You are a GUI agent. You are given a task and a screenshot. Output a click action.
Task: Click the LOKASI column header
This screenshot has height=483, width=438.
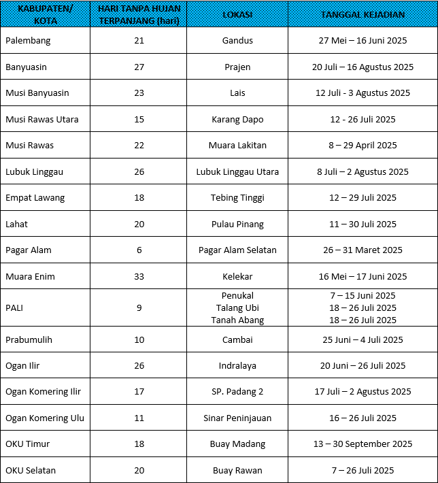coord(237,14)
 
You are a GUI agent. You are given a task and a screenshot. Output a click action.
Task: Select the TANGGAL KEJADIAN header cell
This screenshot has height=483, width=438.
coord(363,14)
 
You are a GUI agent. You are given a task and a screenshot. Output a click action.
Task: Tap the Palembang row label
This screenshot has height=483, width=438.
coord(28,41)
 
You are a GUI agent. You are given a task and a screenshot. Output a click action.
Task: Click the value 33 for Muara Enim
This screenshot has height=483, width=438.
coord(139,276)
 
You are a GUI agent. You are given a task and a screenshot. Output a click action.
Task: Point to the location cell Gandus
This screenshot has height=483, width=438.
coord(237,41)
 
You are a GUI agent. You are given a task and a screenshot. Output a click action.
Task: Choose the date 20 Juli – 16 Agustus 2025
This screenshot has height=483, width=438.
coord(363,67)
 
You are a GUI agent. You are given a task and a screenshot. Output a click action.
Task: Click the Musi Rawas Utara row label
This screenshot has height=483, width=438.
coord(42,119)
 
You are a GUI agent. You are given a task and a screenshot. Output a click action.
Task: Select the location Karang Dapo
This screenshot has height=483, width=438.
coord(237,119)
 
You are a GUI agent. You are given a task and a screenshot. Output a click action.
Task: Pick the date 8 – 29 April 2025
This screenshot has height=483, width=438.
coord(363,145)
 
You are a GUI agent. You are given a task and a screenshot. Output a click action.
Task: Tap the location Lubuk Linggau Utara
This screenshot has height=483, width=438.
coord(237,171)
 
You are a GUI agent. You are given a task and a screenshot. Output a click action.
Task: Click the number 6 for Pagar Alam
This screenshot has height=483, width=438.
coord(139,250)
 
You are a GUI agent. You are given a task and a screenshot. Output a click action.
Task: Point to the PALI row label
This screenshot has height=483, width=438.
coord(16,307)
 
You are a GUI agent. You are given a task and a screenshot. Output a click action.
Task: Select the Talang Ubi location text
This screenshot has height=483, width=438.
coord(237,307)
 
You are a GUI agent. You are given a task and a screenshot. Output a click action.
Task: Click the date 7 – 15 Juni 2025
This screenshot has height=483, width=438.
coord(363,295)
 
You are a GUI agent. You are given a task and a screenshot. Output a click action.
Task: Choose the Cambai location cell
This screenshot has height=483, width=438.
coord(237,339)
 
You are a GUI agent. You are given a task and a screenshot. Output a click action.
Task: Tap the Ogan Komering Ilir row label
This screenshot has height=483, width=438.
coord(43,391)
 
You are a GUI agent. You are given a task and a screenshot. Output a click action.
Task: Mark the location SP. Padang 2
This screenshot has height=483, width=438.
coord(237,391)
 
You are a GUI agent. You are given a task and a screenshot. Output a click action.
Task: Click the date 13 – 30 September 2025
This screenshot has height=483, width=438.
coord(363,444)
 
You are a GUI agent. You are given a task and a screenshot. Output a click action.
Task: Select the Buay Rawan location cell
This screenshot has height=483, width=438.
coord(237,470)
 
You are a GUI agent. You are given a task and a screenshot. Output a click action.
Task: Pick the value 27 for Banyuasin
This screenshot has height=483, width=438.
coord(139,67)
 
